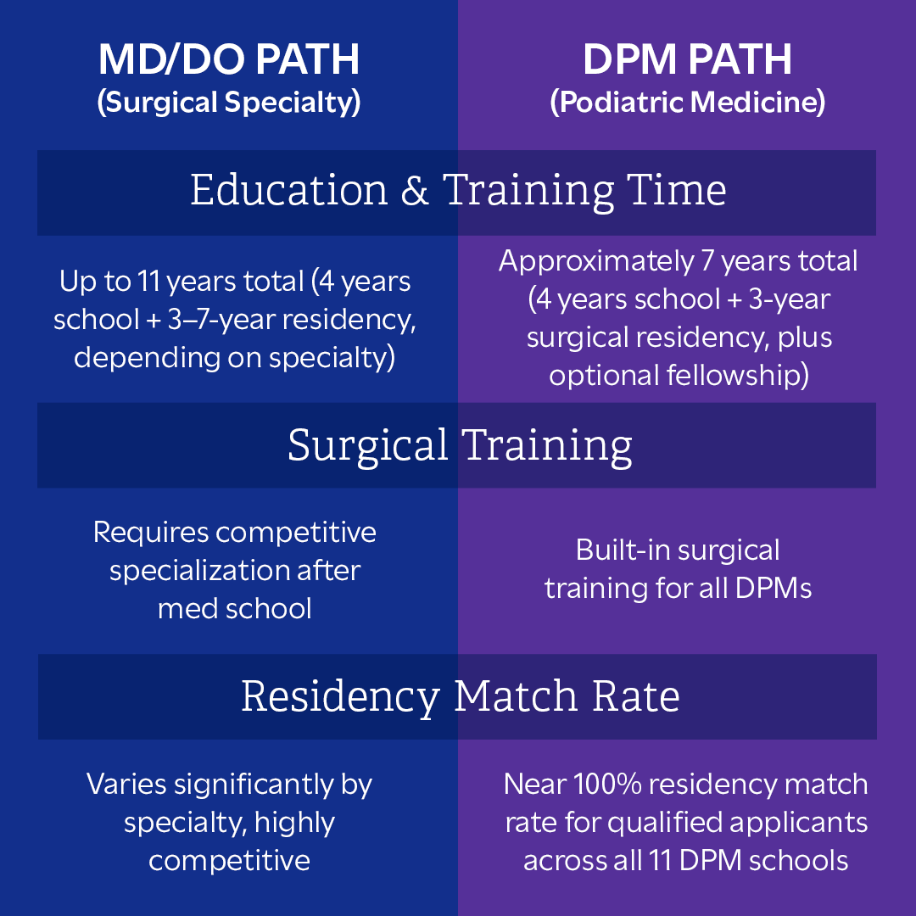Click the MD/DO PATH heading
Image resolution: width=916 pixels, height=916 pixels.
[x=229, y=59]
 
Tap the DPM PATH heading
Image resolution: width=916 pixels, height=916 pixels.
[x=687, y=59]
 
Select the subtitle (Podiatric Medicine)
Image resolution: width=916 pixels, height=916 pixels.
[x=687, y=103]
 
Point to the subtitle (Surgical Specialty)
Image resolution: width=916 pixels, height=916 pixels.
[x=229, y=103]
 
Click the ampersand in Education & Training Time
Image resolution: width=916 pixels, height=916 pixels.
[x=414, y=192]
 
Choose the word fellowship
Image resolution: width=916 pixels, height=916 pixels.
[x=738, y=375]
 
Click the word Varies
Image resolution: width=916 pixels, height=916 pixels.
[x=126, y=785]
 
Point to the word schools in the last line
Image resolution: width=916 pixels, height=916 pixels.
[x=798, y=860]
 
